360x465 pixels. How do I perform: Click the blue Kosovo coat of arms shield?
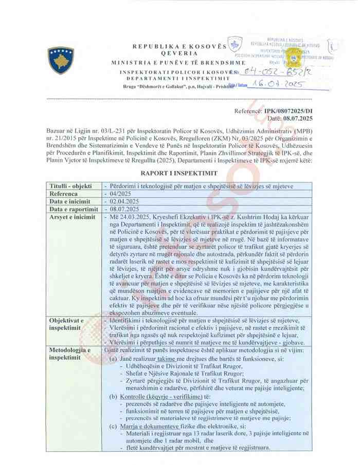click(x=61, y=60)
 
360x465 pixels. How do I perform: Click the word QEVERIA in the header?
click(x=179, y=53)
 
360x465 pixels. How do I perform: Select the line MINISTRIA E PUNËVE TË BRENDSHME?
click(x=178, y=62)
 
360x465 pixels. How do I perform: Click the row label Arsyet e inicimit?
click(x=73, y=217)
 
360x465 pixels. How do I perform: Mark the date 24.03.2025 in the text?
click(x=129, y=218)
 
